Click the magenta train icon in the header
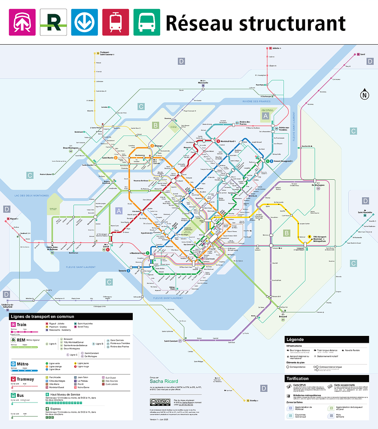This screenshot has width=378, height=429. (x=22, y=22)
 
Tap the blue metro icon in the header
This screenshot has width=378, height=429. (x=84, y=22)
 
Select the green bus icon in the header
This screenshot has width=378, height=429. (x=146, y=22)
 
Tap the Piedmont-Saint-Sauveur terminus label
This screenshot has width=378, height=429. (x=107, y=54)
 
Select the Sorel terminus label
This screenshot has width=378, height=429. (x=363, y=54)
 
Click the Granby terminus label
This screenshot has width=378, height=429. (x=254, y=400)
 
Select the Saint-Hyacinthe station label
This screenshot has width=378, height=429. (x=364, y=212)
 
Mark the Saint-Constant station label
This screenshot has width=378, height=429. (x=171, y=341)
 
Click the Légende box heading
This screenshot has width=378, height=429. (x=295, y=339)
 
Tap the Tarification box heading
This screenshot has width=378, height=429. (x=298, y=378)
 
